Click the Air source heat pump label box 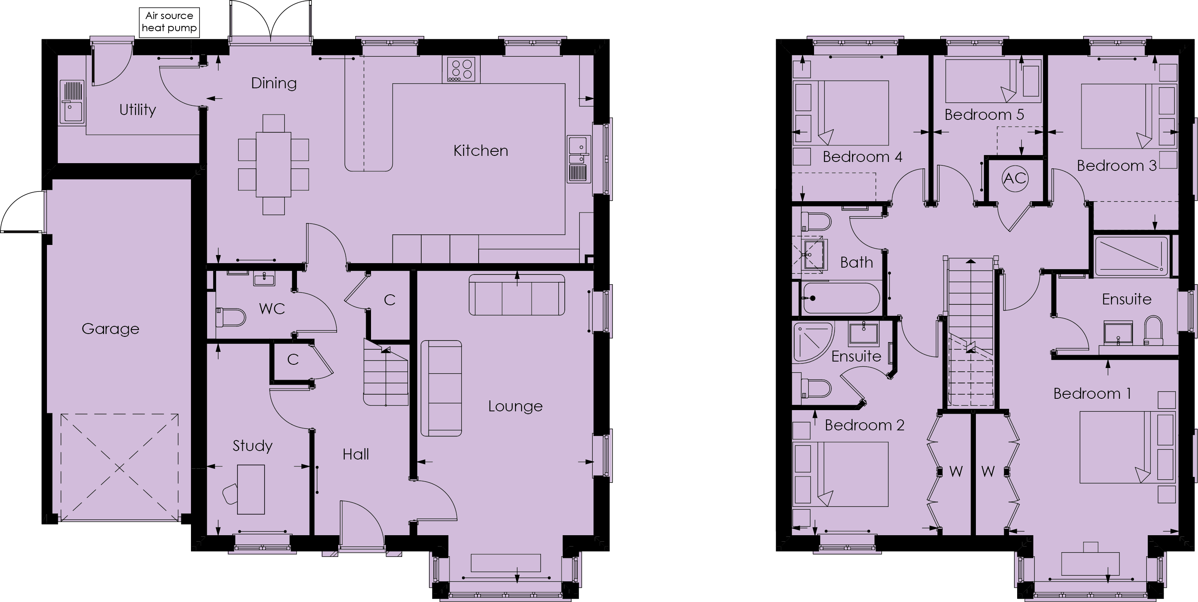(x=169, y=22)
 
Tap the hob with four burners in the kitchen (x=461, y=70)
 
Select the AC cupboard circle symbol (x=1014, y=178)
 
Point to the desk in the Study (x=251, y=489)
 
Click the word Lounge (x=515, y=406)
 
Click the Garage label (x=110, y=329)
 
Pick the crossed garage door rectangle (x=119, y=467)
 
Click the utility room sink (x=72, y=102)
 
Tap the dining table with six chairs (x=274, y=164)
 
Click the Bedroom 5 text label (x=984, y=115)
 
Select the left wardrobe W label (x=955, y=471)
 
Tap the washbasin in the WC (x=264, y=279)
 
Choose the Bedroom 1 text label (x=1092, y=394)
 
